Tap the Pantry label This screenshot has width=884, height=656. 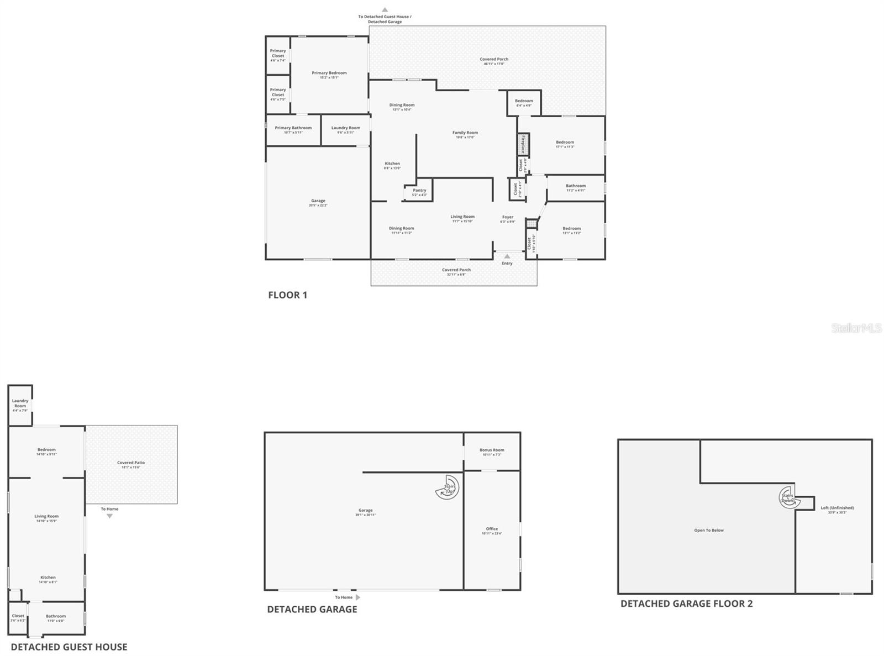point(419,191)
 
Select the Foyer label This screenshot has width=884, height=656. point(507,218)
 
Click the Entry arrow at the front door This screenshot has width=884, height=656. point(507,256)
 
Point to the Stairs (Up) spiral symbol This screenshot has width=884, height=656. point(448,487)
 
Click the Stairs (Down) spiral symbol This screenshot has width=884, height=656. point(787,495)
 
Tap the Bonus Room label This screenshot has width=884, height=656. point(492,450)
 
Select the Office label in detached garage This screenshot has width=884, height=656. point(492,529)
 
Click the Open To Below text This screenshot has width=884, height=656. point(709,531)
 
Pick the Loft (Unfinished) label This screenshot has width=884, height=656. point(837,508)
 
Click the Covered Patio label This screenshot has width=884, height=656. point(131,463)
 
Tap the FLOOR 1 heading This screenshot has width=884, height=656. point(287,295)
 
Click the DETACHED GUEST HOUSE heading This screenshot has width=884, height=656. point(69,647)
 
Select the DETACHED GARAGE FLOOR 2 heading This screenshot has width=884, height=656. point(686,604)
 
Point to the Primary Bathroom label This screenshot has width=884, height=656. point(293,128)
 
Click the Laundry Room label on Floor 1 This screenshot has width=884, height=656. point(345,128)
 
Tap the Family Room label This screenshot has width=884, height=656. point(465,133)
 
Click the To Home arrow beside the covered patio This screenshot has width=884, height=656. point(109,516)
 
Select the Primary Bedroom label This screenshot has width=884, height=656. point(329,73)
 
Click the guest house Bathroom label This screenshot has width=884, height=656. point(56,616)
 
